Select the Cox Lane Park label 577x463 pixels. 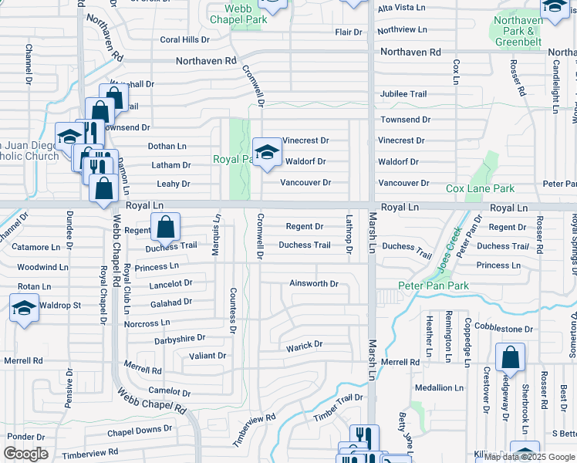[x=480, y=188]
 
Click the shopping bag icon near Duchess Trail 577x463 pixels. [x=165, y=227]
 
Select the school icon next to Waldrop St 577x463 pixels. [x=24, y=308]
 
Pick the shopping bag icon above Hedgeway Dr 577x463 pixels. [x=510, y=357]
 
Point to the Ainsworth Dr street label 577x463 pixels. [x=314, y=283]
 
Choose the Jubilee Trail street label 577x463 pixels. [x=402, y=94]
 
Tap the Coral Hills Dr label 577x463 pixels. [x=184, y=39]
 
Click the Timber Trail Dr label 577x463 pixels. [x=338, y=407]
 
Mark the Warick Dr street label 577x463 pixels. [x=305, y=344]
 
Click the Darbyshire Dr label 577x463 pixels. [x=180, y=338]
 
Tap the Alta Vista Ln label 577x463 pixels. [x=401, y=7]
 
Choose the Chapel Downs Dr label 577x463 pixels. [x=140, y=429]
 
